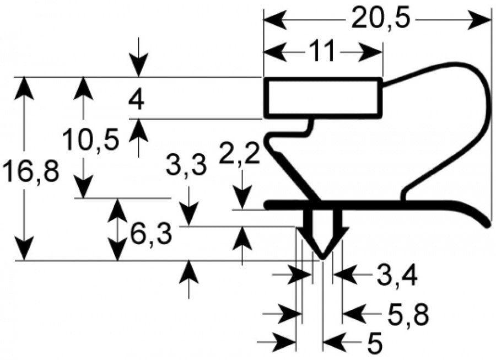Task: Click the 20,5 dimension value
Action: (380, 19)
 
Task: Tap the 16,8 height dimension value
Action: (31, 171)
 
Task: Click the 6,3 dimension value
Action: (151, 234)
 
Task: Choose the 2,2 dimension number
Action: (240, 154)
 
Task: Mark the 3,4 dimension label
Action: (397, 275)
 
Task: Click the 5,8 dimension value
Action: (408, 314)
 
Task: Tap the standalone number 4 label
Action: (136, 99)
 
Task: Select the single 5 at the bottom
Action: (375, 343)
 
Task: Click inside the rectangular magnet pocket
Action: (322, 98)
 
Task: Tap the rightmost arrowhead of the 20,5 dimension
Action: (479, 19)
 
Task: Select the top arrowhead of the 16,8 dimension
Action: (24, 88)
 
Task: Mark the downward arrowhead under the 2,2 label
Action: (242, 198)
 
